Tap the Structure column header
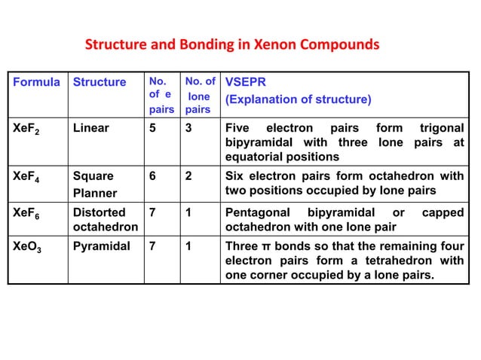99,82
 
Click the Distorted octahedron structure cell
105,220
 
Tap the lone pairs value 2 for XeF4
188,175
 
